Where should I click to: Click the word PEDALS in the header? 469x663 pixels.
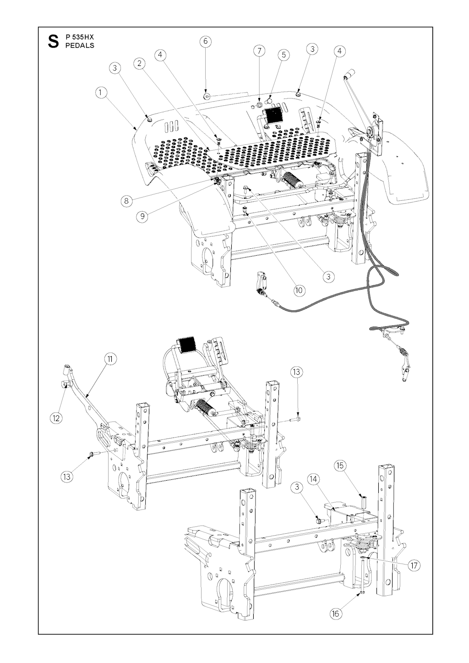pyautogui.click(x=80, y=45)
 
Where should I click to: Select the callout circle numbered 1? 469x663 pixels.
pyautogui.click(x=101, y=92)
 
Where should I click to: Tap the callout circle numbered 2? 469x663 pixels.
pyautogui.click(x=140, y=63)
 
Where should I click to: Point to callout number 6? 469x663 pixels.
pyautogui.click(x=205, y=41)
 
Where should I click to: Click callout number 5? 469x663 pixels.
pyautogui.click(x=284, y=55)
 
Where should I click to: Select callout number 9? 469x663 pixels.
pyautogui.click(x=143, y=216)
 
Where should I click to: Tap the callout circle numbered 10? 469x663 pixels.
pyautogui.click(x=299, y=290)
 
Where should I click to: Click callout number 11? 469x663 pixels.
pyautogui.click(x=109, y=359)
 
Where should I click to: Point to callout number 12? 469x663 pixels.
pyautogui.click(x=56, y=417)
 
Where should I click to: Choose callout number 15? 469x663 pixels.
pyautogui.click(x=340, y=466)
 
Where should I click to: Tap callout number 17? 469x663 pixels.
pyautogui.click(x=414, y=565)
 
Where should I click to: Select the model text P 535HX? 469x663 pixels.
pyautogui.click(x=80, y=37)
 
